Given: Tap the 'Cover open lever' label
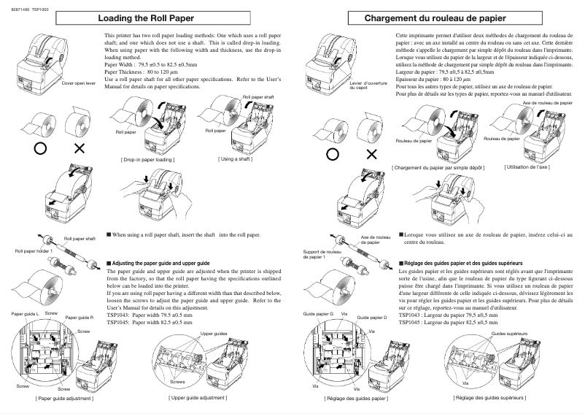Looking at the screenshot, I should (x=79, y=83).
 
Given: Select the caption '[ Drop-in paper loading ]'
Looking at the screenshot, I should (x=147, y=158).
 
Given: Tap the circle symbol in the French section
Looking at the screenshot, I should (x=332, y=154).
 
